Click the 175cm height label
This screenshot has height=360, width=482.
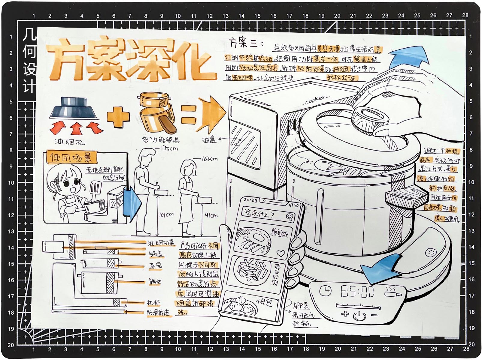click(167, 148)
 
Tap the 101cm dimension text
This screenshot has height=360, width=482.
click(166, 214)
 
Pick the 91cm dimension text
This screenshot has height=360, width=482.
click(211, 215)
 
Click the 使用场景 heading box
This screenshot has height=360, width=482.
click(71, 157)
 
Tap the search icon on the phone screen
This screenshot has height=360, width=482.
click(289, 217)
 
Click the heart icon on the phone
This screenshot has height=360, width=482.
click(280, 253)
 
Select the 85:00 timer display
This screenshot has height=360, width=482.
click(357, 291)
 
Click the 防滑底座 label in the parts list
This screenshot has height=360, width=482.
click(158, 313)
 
